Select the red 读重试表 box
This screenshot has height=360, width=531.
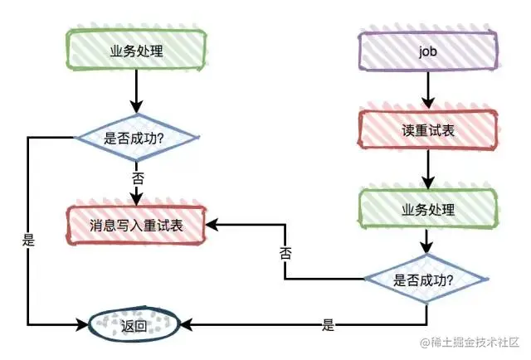coord(428,131)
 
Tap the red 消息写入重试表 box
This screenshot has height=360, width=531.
coord(136,224)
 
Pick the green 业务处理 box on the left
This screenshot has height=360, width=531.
coord(136,50)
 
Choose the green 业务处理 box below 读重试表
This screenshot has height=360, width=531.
coord(428,209)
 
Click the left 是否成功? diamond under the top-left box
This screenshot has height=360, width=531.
coord(136,137)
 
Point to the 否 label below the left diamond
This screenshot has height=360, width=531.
coord(137,178)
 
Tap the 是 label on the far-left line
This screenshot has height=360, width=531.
coord(29,241)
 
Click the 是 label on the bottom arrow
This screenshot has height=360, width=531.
coord(328,325)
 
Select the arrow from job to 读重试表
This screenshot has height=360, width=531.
coord(428,89)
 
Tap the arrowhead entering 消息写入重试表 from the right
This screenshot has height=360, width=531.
coord(212,224)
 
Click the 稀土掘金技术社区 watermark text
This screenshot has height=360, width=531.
coord(475,342)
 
